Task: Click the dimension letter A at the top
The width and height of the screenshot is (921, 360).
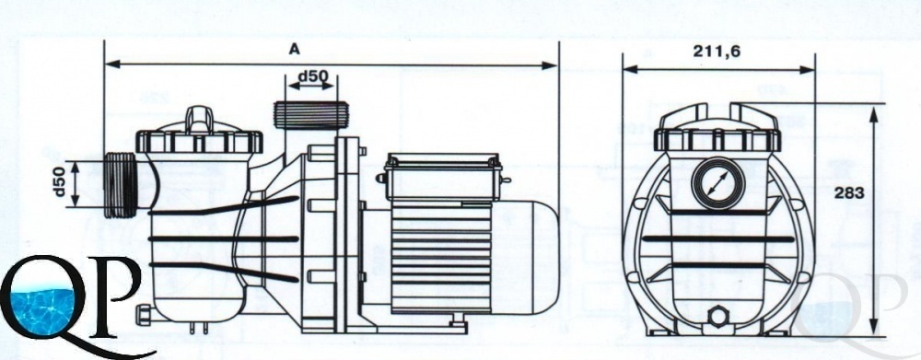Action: (x=295, y=50)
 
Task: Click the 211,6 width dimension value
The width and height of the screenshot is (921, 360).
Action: (x=717, y=52)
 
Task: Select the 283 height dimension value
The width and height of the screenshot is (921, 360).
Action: (x=849, y=193)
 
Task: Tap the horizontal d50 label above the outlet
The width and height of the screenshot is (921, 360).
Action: (x=312, y=76)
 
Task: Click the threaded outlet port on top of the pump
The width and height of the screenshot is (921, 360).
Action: (x=311, y=116)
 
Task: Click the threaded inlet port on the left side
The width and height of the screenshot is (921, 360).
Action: (x=121, y=185)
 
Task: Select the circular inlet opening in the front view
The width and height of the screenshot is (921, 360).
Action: (x=717, y=183)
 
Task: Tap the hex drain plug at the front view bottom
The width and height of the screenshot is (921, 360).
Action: (x=717, y=317)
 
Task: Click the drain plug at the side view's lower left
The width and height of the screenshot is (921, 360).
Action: (x=144, y=314)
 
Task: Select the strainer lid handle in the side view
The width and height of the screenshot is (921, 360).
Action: (x=200, y=120)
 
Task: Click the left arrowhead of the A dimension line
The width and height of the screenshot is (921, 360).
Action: (x=112, y=64)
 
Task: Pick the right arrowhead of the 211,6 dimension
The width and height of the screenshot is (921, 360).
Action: (x=808, y=69)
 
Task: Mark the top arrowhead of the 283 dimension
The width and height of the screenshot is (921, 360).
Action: (x=874, y=114)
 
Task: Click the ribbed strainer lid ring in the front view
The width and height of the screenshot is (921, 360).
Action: (x=717, y=140)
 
